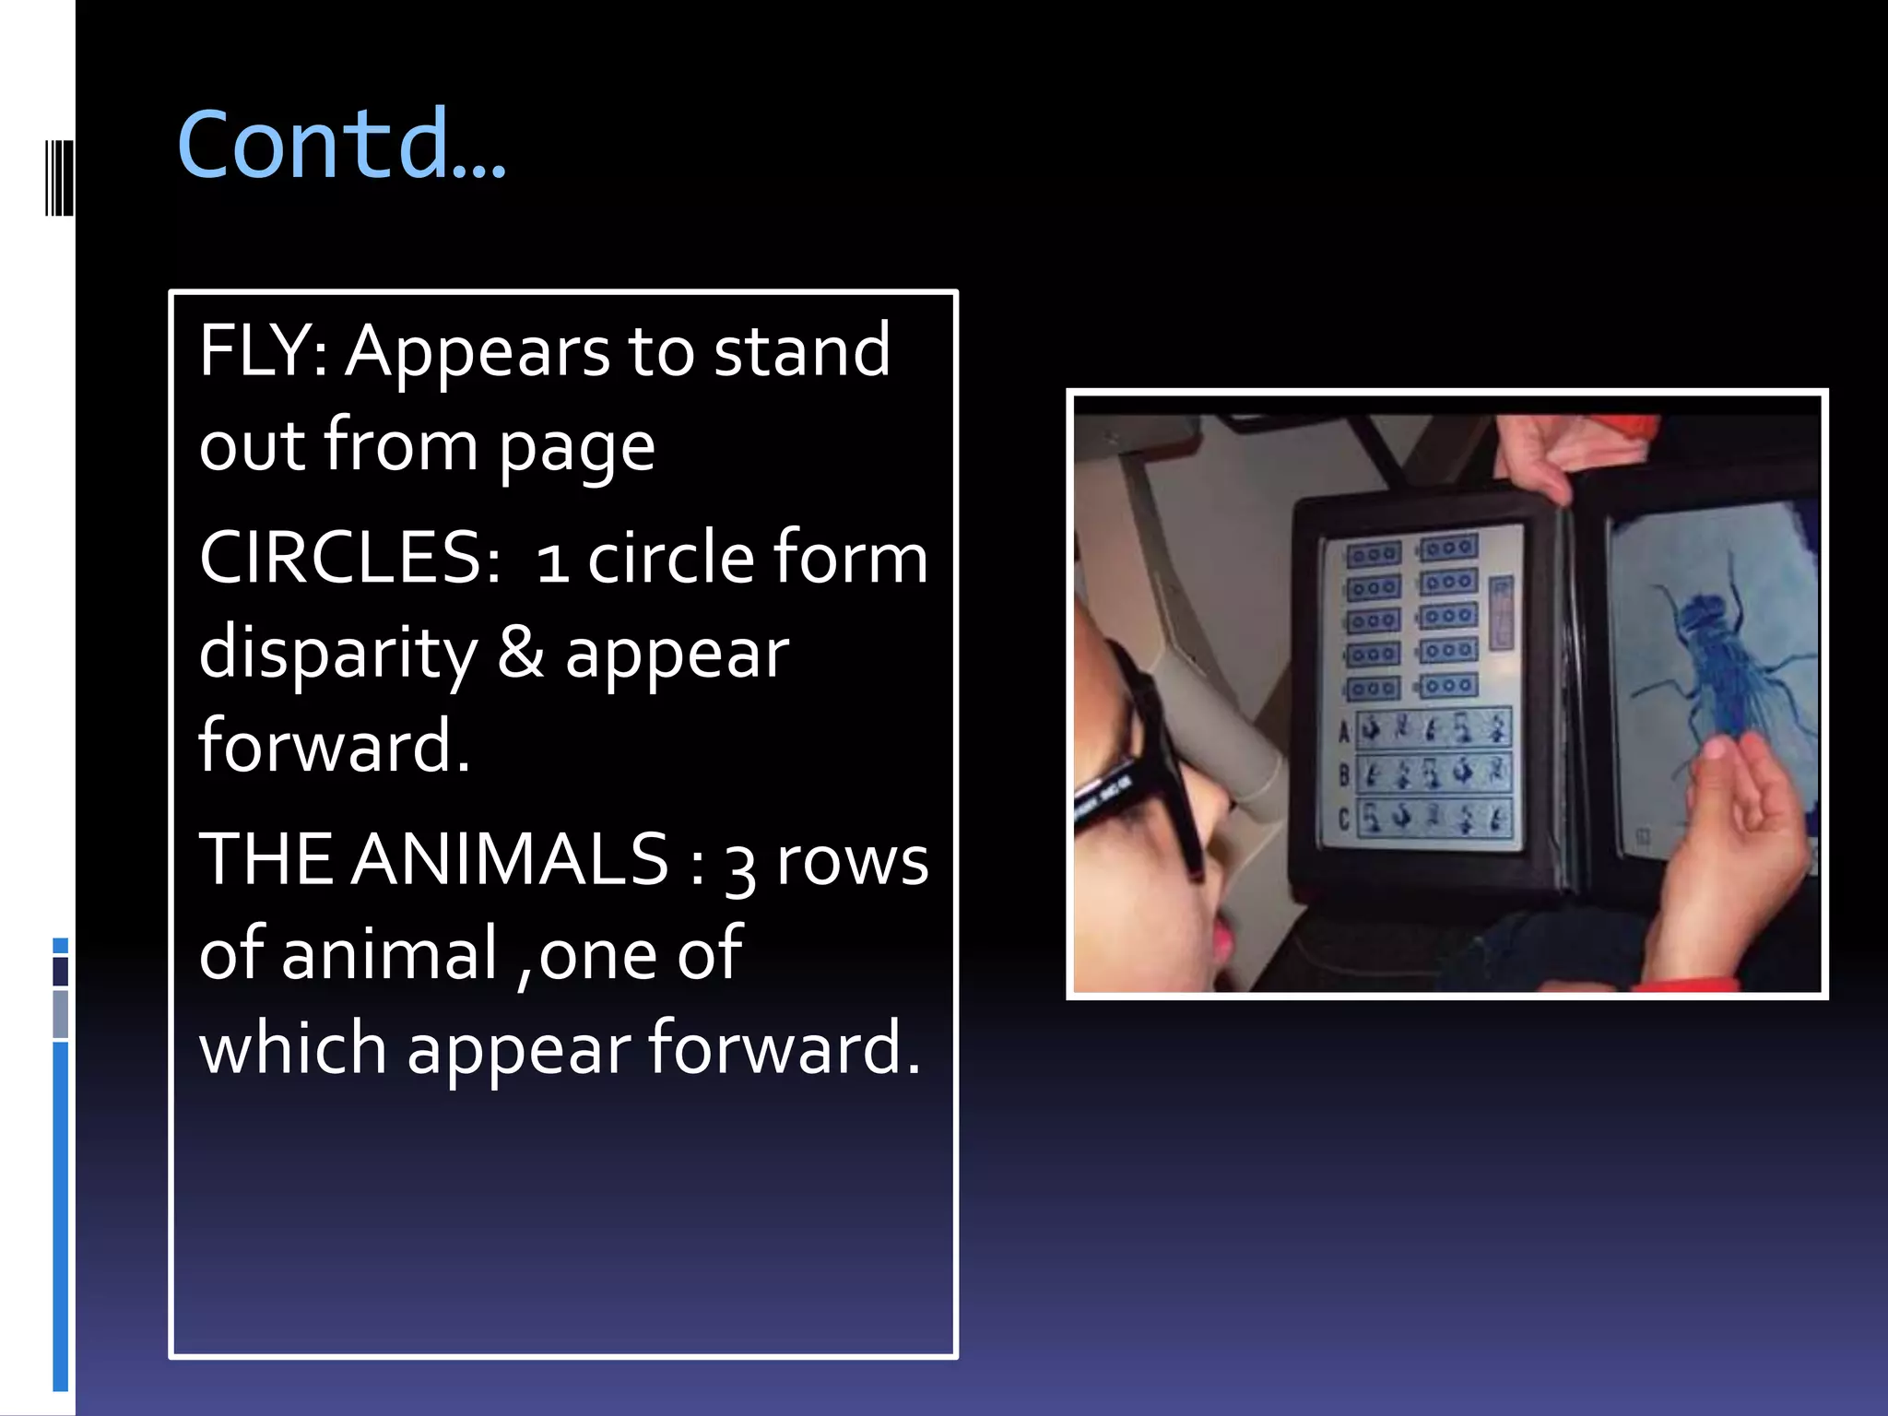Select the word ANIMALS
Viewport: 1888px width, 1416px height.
pos(509,859)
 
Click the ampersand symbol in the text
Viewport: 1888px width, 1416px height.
pos(521,651)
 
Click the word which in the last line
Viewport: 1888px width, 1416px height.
pos(293,1048)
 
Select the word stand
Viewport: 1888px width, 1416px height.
pos(802,351)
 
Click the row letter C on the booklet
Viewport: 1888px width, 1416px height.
pos(1343,819)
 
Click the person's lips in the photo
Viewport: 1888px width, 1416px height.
pos(1222,940)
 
